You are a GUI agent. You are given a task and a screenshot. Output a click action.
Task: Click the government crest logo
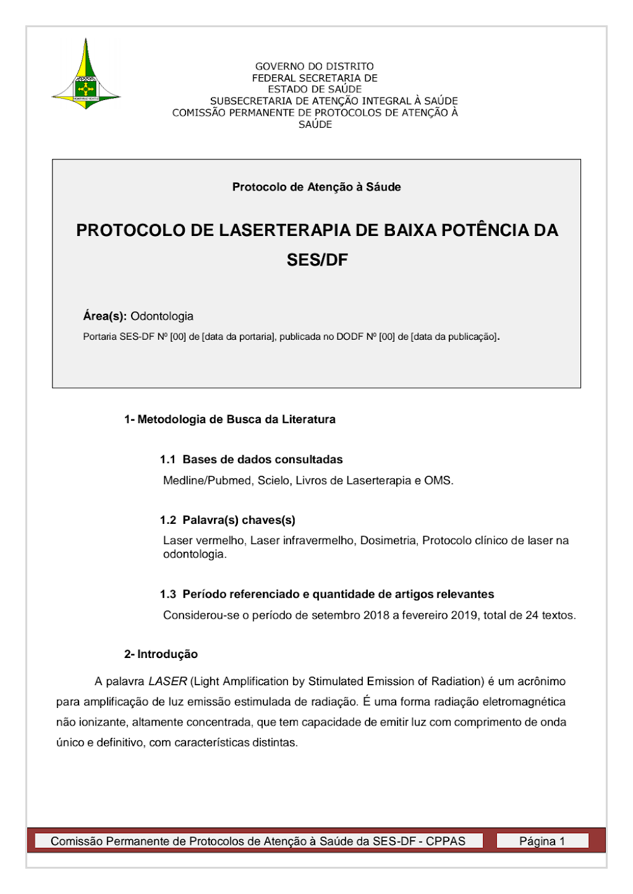coord(86,76)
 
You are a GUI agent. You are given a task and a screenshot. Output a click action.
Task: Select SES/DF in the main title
coord(317,260)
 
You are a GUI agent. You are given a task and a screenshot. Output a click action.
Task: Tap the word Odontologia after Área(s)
coord(162,316)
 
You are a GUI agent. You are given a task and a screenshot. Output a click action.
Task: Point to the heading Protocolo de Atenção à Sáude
coord(316,187)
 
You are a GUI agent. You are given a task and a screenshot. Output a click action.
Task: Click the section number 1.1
coord(168,460)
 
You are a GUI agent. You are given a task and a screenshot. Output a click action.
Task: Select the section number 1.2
coord(168,520)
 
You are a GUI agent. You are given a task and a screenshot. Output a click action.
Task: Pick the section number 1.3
coord(168,594)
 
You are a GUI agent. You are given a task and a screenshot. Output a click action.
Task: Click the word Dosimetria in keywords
coord(389,540)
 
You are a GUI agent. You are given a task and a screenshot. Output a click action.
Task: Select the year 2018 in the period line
coord(376,615)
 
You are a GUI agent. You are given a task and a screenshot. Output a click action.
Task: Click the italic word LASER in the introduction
coord(168,681)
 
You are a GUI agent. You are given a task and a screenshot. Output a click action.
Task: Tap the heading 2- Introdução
coord(161,654)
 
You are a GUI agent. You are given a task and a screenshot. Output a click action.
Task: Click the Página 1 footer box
coord(542,841)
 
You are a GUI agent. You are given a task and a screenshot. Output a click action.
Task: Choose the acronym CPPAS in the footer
coord(446,841)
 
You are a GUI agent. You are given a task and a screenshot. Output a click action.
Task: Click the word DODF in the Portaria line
coord(349,337)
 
